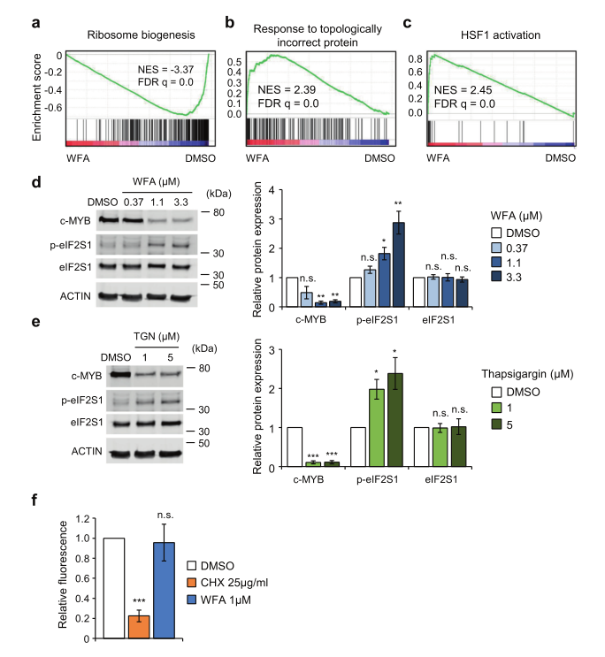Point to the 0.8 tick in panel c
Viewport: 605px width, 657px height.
pos(413,59)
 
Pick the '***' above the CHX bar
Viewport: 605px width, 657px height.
pos(138,602)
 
